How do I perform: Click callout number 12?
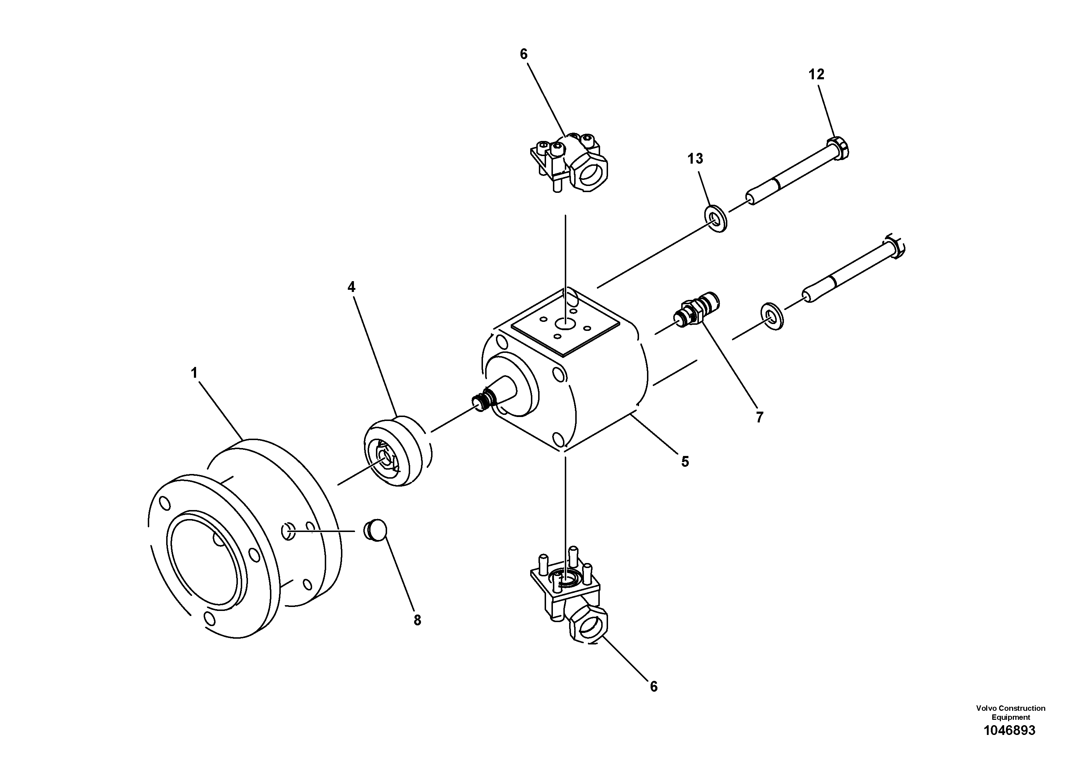point(816,74)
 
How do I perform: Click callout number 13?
point(695,159)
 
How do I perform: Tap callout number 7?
point(759,417)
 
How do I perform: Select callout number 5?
point(685,462)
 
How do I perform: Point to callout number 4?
point(351,287)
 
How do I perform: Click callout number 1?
point(194,373)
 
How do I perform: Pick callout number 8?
point(417,620)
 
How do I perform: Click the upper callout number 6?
point(523,54)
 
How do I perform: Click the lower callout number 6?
point(653,687)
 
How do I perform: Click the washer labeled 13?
point(715,218)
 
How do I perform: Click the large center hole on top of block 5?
point(565,323)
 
